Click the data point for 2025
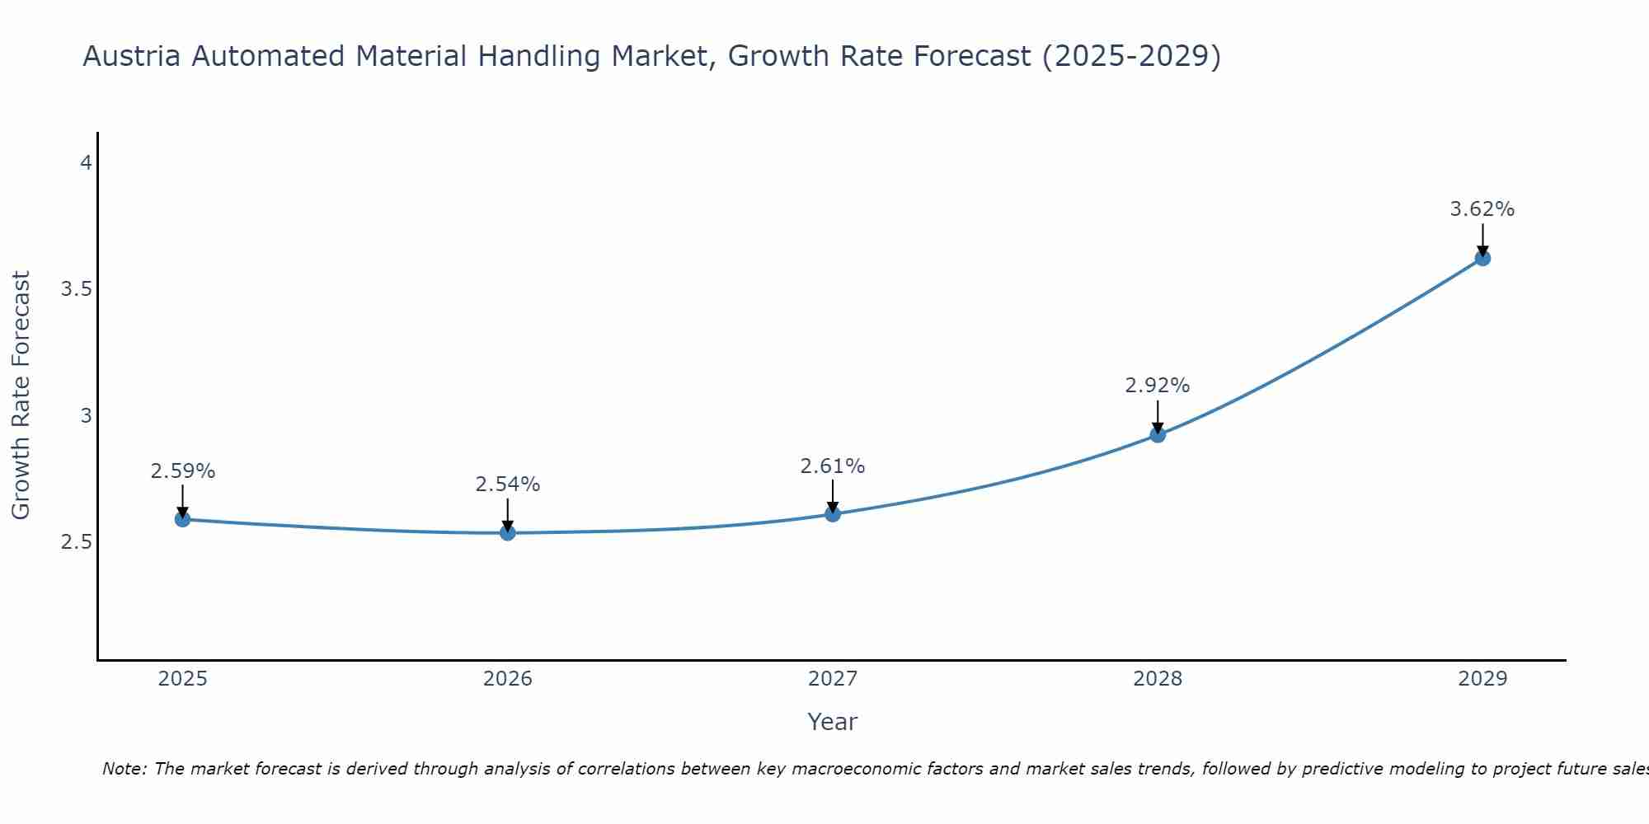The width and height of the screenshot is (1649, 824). pyautogui.click(x=182, y=519)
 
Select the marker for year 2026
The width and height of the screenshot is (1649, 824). pyautogui.click(x=508, y=532)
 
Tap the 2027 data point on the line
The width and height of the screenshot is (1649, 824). pyautogui.click(x=833, y=514)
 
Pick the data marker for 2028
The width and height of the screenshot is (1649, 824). pyautogui.click(x=1158, y=434)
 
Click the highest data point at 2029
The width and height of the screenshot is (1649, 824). pyautogui.click(x=1482, y=258)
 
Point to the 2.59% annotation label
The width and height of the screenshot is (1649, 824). pyautogui.click(x=182, y=471)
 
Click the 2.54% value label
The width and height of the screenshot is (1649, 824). pyautogui.click(x=508, y=485)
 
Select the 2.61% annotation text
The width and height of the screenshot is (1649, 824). pyautogui.click(x=833, y=466)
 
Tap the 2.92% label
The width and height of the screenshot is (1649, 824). pyautogui.click(x=1158, y=386)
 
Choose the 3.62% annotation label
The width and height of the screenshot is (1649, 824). pyautogui.click(x=1482, y=209)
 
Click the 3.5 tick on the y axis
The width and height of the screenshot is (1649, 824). pyautogui.click(x=76, y=289)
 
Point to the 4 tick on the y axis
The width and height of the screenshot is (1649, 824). pyautogui.click(x=86, y=163)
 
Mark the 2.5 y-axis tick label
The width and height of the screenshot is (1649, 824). pyautogui.click(x=76, y=542)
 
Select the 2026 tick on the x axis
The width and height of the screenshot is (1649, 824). pyautogui.click(x=508, y=679)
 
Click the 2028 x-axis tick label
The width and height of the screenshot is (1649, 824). pyautogui.click(x=1158, y=679)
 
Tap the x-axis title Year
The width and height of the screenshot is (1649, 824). pyautogui.click(x=833, y=722)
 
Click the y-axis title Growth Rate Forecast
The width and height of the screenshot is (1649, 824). pyautogui.click(x=21, y=396)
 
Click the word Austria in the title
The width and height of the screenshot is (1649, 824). pyautogui.click(x=132, y=57)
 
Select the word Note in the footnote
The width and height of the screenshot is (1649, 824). pyautogui.click(x=124, y=769)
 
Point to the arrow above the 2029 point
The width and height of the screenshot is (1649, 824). pyautogui.click(x=1482, y=239)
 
